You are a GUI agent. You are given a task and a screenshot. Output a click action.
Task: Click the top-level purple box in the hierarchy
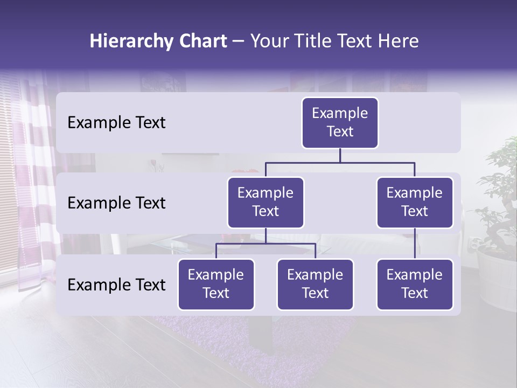coord(340,122)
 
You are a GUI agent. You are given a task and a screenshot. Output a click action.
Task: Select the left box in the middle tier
coord(266,202)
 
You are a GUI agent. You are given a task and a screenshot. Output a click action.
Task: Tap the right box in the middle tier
coord(415,202)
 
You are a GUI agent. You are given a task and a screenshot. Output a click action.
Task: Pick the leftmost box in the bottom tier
coord(216,284)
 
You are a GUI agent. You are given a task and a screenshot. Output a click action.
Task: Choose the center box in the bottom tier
coord(315,284)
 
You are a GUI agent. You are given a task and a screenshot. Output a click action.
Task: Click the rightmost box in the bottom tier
coord(415,284)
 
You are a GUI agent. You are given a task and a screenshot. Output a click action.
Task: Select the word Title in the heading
coord(320,41)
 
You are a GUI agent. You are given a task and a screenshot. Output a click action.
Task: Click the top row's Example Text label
coord(116,122)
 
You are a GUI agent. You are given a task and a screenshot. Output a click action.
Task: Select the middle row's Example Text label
coord(116,203)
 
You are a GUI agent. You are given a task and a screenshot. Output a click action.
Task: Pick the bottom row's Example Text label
coord(116,285)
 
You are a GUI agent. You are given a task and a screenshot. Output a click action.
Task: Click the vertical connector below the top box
coord(340,155)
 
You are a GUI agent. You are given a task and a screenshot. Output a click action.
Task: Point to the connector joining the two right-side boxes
coord(415,244)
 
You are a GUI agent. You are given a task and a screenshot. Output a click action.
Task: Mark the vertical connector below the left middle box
coord(266,235)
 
